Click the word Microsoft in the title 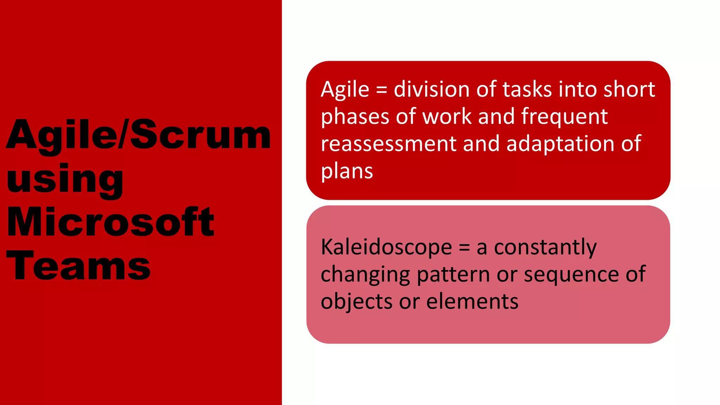tap(110, 222)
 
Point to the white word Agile tap(345, 90)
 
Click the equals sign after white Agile tap(381, 90)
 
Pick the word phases tap(355, 117)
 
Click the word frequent tap(564, 117)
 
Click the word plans tap(347, 172)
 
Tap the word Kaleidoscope tap(386, 247)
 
